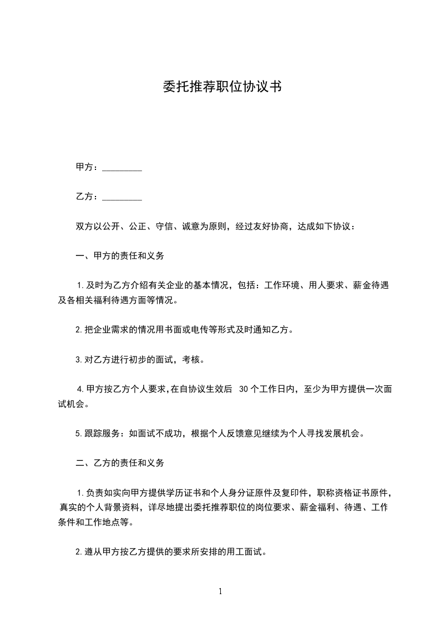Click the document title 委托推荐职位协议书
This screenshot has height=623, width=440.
[220, 87]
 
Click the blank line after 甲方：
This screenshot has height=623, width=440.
[122, 168]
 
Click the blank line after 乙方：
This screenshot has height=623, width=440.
[122, 197]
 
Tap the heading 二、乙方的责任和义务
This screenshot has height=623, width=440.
[120, 462]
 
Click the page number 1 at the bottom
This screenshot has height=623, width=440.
[220, 591]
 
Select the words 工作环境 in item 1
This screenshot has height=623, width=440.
[282, 286]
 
